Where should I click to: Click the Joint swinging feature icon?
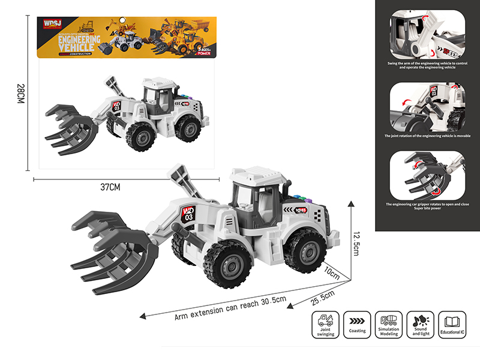click(325, 320)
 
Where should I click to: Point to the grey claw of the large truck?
click(111, 248)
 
